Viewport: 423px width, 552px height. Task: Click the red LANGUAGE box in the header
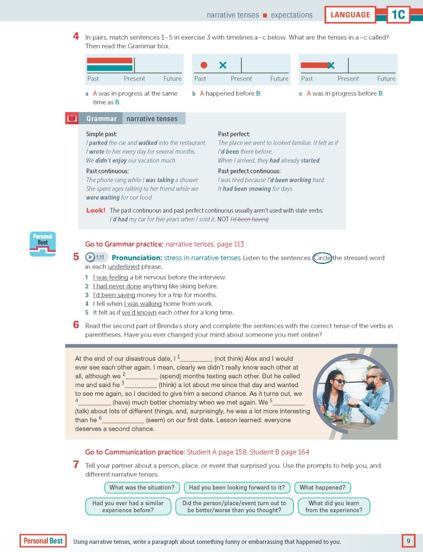tap(350, 15)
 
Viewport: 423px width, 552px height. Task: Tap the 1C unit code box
tap(398, 15)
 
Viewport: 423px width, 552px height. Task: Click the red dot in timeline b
tap(204, 65)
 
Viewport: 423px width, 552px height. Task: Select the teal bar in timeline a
tap(109, 68)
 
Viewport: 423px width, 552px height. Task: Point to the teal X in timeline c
tap(331, 66)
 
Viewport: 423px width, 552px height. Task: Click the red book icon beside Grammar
tap(72, 118)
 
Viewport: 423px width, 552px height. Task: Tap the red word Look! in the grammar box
tap(95, 210)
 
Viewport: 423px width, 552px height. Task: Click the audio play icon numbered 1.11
tap(90, 257)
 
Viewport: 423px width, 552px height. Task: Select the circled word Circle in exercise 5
tap(322, 258)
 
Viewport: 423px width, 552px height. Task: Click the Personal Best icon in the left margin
tap(43, 244)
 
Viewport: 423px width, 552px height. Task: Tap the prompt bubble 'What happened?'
tap(322, 488)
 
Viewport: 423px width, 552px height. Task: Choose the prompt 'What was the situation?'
tap(142, 488)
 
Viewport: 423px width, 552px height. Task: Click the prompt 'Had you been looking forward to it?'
tap(237, 488)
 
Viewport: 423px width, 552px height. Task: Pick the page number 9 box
tap(408, 541)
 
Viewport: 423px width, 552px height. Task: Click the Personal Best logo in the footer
tap(43, 541)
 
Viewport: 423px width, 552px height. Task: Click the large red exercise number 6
tap(76, 325)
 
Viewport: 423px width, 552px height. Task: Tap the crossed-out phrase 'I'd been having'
tap(249, 219)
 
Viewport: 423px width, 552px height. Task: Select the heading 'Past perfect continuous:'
tap(249, 171)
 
